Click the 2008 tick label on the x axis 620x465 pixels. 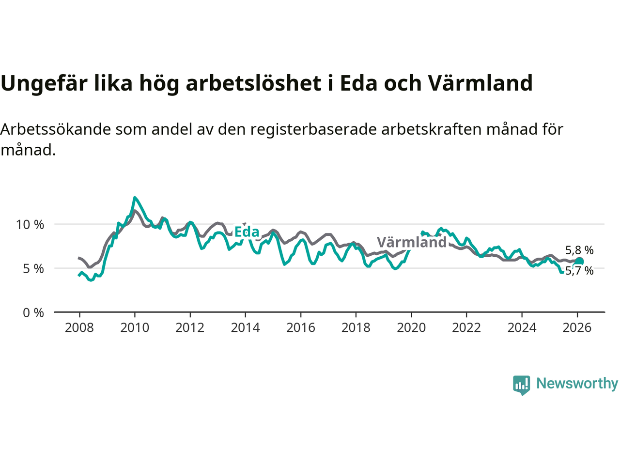79,328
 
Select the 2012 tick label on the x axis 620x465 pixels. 190,328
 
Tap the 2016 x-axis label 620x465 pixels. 300,328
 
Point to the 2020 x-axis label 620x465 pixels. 411,328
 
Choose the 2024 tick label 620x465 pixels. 522,328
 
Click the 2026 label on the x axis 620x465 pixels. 577,328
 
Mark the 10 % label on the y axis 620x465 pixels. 30,225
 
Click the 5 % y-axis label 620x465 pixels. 33,269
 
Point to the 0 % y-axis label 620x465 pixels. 33,313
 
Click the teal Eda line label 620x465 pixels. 247,232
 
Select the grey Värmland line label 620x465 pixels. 412,242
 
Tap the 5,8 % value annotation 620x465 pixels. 579,250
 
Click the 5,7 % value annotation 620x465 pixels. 579,271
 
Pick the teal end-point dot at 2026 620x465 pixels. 579,262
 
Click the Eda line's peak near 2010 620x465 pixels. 135,198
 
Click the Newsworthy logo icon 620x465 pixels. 522,385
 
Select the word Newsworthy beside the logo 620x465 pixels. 577,383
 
